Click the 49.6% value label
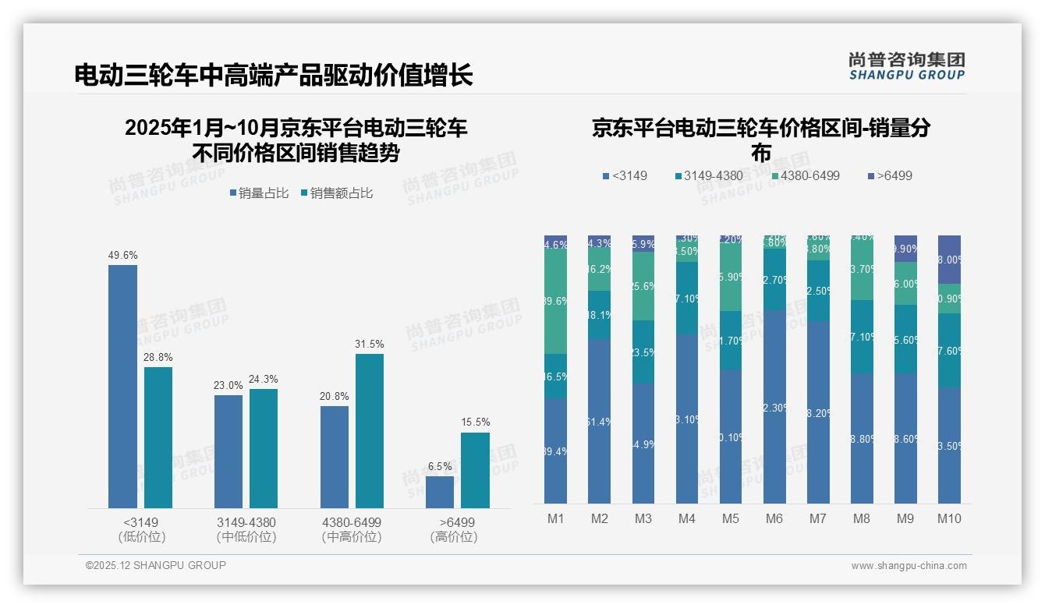click(x=122, y=255)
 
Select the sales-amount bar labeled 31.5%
click(x=370, y=430)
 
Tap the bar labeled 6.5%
click(x=440, y=492)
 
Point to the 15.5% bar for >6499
click(x=475, y=470)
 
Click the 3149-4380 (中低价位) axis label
click(x=246, y=529)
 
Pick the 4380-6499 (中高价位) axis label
click(x=352, y=529)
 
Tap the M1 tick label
click(x=555, y=519)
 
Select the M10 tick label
click(x=949, y=519)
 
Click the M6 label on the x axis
click(x=774, y=519)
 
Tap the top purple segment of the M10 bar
click(x=949, y=260)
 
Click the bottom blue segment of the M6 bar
click(x=774, y=406)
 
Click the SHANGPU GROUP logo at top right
click(x=906, y=66)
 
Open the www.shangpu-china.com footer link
click(x=909, y=566)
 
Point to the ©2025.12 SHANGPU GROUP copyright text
click(x=156, y=565)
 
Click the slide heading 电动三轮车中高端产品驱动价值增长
click(x=274, y=76)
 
